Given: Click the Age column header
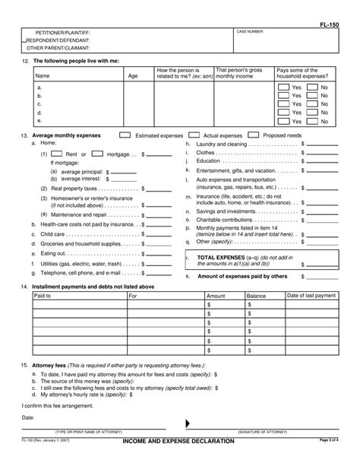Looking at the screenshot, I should tap(133, 76).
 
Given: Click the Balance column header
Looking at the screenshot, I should tap(256, 295).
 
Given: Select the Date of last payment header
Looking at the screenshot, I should tap(311, 295).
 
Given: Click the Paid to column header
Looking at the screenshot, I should tap(43, 295).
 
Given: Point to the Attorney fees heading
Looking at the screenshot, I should tap(52, 366).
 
